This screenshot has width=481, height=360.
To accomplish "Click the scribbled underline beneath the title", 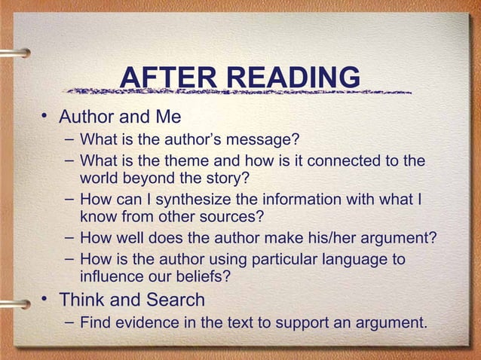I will [237, 92].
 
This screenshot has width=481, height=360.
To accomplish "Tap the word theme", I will [176, 161].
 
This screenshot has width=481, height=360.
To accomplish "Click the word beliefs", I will [204, 276].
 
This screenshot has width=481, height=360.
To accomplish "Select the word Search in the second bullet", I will [176, 300].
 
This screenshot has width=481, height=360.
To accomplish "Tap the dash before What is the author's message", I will [69, 140].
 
